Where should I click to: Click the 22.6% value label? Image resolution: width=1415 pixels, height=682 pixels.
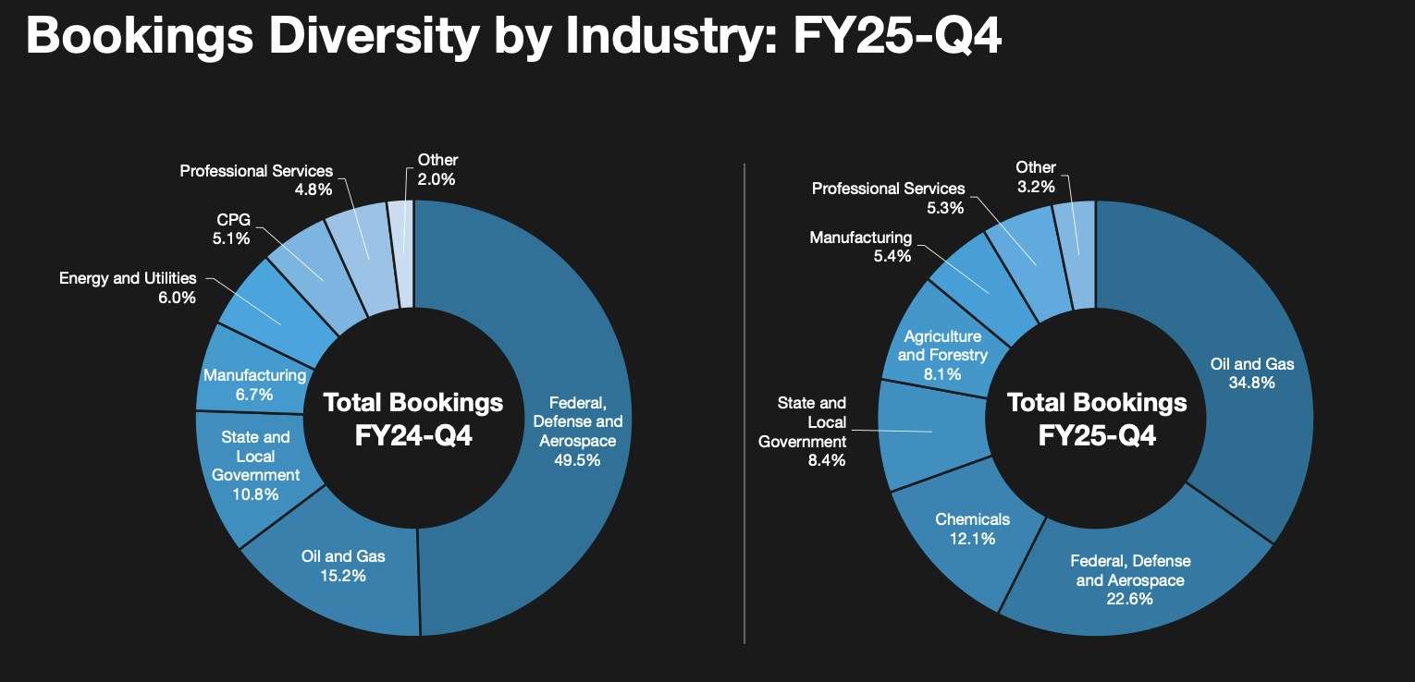coord(1130,600)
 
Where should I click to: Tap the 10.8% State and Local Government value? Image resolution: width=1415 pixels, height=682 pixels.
coord(255,494)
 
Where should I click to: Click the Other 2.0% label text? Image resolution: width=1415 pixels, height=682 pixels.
coord(437,170)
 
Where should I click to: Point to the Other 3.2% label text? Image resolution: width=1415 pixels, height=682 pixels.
coord(1035,177)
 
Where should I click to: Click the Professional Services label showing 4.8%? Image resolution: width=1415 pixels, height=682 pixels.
coord(256,180)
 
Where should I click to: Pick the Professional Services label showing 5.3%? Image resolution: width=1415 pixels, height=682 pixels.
coord(888,198)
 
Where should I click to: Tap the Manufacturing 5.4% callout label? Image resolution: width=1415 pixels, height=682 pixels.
coord(860,247)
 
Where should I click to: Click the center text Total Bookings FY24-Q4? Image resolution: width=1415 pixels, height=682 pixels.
coord(413,419)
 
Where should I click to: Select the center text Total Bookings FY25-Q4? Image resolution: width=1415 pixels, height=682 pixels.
coord(1097,419)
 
